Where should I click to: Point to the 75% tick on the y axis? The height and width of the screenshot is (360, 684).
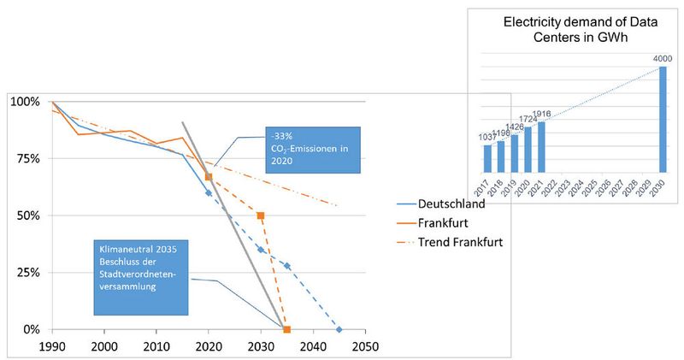click(25, 158)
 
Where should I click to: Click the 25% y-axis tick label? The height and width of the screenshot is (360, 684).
click(25, 272)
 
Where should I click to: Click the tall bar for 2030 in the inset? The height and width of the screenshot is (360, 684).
click(661, 120)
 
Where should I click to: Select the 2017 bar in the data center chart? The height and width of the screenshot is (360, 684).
click(487, 157)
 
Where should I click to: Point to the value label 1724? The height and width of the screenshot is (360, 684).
click(528, 121)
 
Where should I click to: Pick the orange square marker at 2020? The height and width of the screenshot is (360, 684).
click(208, 177)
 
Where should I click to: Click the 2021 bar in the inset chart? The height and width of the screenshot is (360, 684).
click(541, 146)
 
